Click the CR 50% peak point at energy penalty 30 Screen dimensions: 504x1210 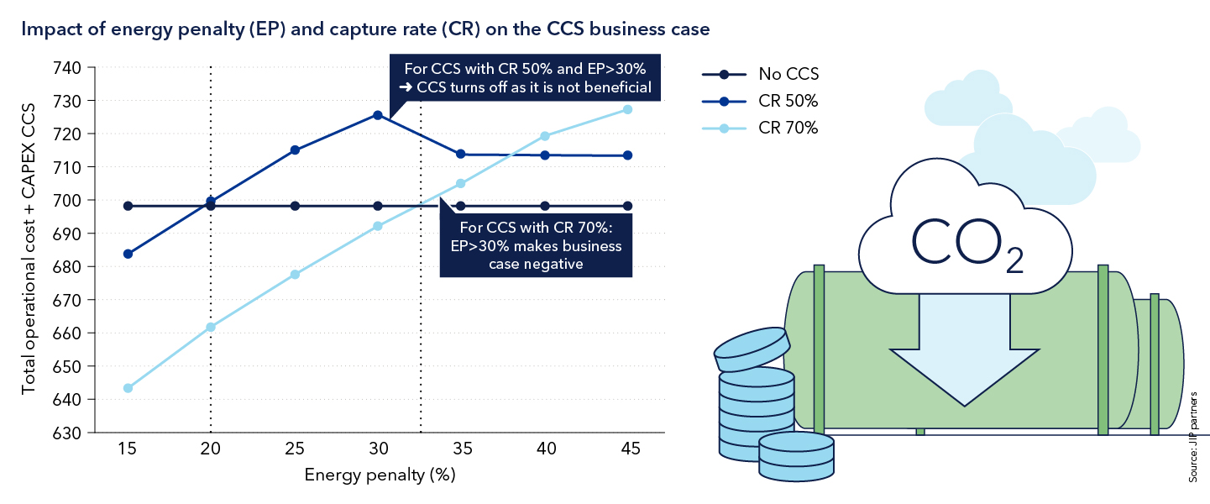click(x=378, y=115)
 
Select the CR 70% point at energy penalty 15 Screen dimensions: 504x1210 click(x=128, y=388)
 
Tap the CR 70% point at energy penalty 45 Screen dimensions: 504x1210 click(x=627, y=110)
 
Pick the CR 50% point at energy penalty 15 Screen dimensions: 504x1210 click(x=128, y=254)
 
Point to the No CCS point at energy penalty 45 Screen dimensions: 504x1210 click(x=627, y=206)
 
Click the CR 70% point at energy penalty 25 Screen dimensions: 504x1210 click(x=295, y=275)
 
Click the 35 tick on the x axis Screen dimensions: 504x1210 click(x=461, y=449)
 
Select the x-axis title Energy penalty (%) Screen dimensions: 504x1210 click(x=380, y=475)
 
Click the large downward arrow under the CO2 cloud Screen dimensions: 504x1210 click(x=964, y=353)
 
